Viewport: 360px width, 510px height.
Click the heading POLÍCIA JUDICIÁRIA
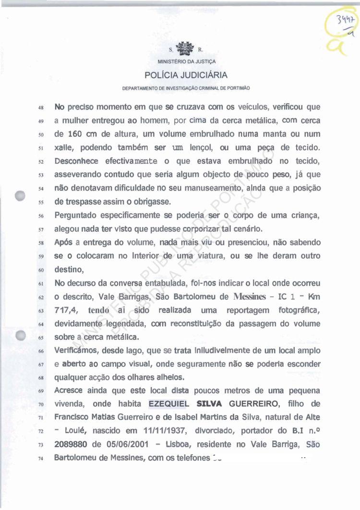tap(186, 75)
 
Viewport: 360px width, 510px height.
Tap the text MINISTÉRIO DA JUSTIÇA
tap(186, 62)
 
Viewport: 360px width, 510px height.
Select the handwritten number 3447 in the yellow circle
tap(345, 21)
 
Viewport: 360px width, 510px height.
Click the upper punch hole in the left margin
tap(20, 196)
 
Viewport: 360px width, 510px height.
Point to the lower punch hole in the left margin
tap(20, 336)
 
